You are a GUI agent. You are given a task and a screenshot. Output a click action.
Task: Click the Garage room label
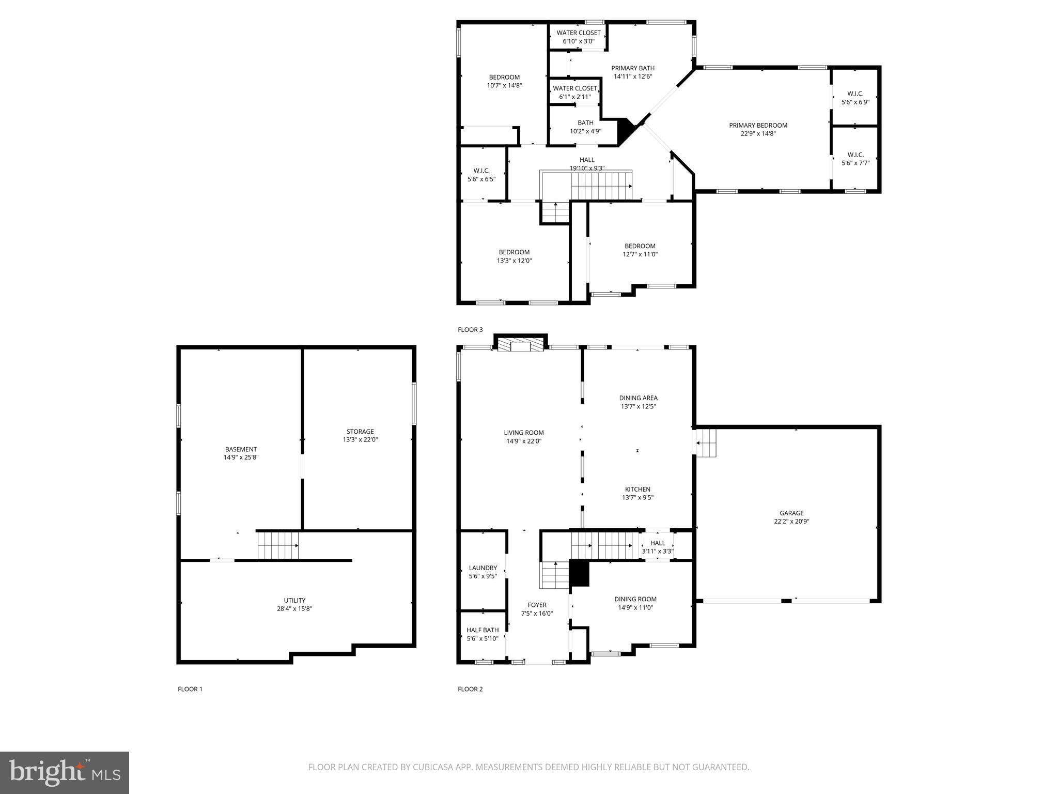[791, 513]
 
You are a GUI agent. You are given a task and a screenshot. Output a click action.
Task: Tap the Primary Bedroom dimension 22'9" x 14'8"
[758, 134]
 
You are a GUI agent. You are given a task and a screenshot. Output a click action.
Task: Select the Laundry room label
[483, 568]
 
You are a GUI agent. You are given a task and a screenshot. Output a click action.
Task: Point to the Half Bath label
[483, 630]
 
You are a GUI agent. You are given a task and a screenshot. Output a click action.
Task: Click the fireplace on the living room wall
[521, 345]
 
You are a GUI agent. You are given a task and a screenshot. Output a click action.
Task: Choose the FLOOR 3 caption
[470, 330]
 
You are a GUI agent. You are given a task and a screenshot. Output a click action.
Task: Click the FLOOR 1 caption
[190, 689]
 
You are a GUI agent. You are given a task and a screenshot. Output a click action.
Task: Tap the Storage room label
[360, 432]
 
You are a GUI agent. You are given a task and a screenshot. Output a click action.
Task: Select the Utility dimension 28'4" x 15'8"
[294, 609]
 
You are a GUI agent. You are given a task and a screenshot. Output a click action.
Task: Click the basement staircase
[278, 545]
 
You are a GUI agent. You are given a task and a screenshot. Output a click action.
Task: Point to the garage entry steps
[706, 442]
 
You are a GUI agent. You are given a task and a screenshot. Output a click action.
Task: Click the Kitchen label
[637, 489]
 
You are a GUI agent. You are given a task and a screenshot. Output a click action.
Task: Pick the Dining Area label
[638, 398]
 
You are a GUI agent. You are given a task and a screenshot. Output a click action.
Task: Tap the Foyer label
[537, 605]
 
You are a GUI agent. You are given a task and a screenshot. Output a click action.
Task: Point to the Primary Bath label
[632, 68]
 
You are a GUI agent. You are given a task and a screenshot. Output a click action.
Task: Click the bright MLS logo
[65, 773]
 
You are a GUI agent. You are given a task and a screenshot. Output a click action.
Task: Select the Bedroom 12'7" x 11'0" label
[640, 246]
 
